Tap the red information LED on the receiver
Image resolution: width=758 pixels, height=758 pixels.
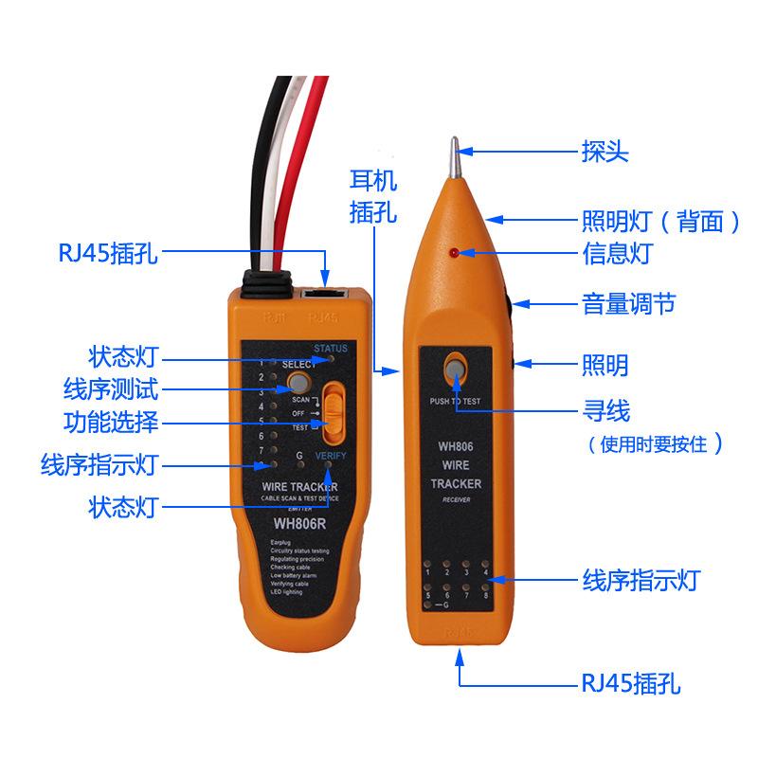point(455,253)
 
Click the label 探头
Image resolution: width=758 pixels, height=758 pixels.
point(605,152)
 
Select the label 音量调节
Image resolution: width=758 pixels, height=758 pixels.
point(628,304)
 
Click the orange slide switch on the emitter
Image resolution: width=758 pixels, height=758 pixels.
point(334,413)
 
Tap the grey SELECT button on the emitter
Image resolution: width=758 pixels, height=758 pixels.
point(299,383)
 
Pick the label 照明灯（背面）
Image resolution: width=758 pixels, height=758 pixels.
point(660,222)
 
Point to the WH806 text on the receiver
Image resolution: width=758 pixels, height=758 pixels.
point(456,445)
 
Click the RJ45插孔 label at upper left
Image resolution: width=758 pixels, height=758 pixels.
point(104,254)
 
